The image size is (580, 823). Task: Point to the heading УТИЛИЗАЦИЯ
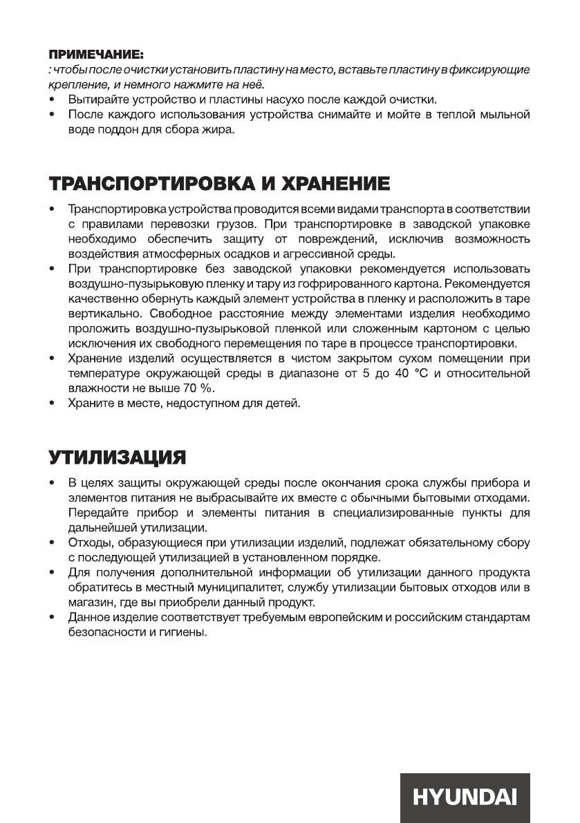pos(118,457)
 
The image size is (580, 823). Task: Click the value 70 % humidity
pos(195,388)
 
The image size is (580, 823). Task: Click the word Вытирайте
pos(95,100)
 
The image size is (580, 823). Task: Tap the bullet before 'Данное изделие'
pos(52,617)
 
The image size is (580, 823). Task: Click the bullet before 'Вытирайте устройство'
pos(52,100)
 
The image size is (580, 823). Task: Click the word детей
pos(286,404)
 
